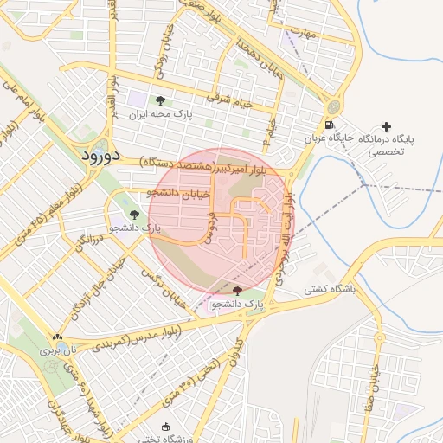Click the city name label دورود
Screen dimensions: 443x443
(104, 157)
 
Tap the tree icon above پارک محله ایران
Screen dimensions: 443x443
(159, 100)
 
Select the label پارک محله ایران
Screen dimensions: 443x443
(161, 114)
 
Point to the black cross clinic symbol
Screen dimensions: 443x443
(386, 126)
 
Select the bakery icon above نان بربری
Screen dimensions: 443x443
(57, 337)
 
